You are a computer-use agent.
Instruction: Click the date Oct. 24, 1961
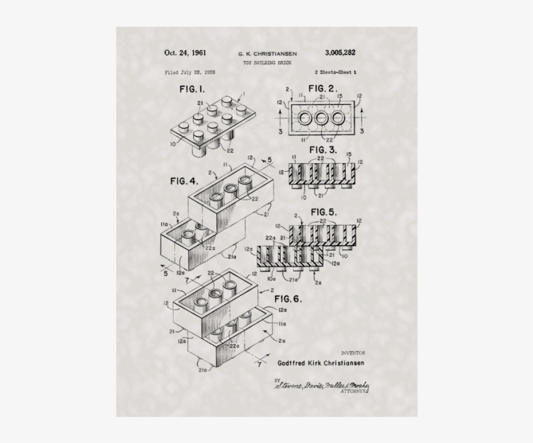pyautogui.click(x=185, y=53)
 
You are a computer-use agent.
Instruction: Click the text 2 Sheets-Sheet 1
pyautogui.click(x=334, y=72)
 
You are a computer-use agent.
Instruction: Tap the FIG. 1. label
pyautogui.click(x=192, y=89)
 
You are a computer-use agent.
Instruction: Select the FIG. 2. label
pyautogui.click(x=322, y=88)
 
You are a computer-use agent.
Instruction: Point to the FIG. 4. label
pyautogui.click(x=184, y=180)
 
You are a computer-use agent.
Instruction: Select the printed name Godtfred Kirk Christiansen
pyautogui.click(x=320, y=362)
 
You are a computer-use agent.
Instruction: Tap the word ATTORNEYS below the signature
pyautogui.click(x=355, y=394)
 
